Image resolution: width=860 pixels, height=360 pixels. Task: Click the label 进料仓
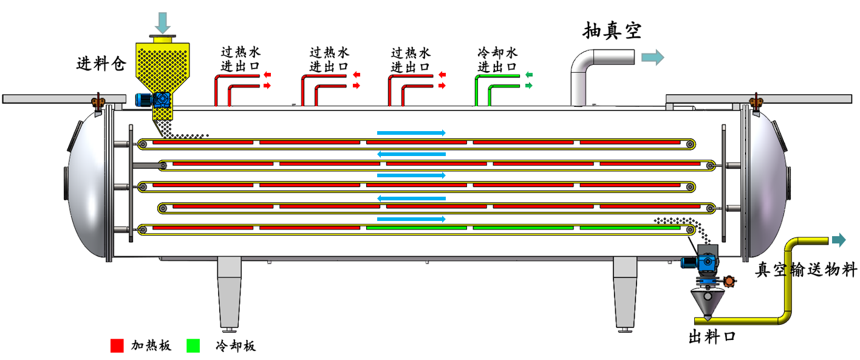coord(101,64)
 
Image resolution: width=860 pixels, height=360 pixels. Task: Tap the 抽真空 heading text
coord(612,30)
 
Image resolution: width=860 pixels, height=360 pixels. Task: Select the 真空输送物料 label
coord(806,270)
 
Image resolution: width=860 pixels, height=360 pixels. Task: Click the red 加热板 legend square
coord(117,345)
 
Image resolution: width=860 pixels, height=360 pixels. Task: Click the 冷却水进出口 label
coord(497,59)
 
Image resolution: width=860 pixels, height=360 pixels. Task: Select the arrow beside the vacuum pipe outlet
coord(653,58)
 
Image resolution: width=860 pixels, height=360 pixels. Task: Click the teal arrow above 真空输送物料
coord(839,240)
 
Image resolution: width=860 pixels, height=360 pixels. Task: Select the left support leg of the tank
coord(229,291)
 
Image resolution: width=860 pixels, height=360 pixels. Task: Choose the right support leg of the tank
coord(625,291)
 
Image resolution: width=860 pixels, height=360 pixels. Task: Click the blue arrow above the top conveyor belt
coord(411,132)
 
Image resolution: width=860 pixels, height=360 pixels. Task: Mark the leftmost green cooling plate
coord(417,228)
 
